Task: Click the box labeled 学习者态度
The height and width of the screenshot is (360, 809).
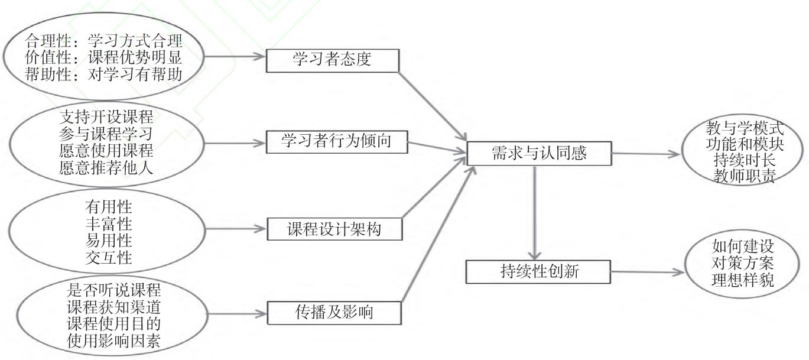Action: point(333,60)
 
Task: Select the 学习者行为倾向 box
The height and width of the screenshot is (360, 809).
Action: point(335,142)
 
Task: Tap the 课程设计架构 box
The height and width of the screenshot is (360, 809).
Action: point(335,229)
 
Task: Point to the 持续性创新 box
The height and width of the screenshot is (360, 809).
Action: point(538,272)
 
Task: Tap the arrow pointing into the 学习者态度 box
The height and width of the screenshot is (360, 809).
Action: point(233,57)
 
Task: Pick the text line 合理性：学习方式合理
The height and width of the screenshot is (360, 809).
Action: point(104,42)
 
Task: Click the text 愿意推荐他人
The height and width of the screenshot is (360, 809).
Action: point(106,167)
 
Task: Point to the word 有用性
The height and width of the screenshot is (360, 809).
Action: point(109,207)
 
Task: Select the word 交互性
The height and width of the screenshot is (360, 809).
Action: point(109,258)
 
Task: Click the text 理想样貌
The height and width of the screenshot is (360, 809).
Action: point(743,281)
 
